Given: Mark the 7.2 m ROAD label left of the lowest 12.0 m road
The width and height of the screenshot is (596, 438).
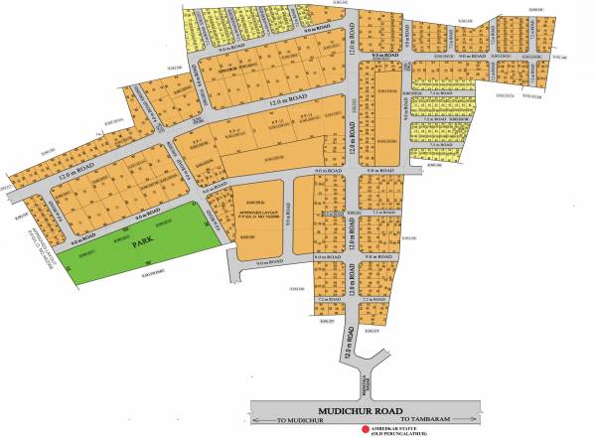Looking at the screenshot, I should tap(327, 297).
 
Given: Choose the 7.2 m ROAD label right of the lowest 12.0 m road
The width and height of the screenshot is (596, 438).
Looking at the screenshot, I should tap(372, 297).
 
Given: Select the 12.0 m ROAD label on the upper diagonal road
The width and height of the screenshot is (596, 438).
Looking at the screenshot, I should tap(285, 96).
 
